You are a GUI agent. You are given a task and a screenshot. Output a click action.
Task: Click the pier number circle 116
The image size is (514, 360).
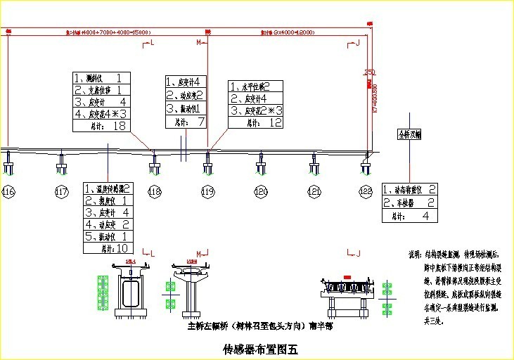point(8,191)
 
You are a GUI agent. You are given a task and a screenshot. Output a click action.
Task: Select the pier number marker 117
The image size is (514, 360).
point(61,191)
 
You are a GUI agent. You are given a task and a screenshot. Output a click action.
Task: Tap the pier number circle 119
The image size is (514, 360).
point(207,191)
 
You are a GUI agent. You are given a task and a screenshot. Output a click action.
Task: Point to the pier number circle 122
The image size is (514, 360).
point(366,191)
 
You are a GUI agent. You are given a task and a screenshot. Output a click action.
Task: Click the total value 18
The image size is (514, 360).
point(119,126)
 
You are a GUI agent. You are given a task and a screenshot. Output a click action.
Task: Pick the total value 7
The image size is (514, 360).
point(200,122)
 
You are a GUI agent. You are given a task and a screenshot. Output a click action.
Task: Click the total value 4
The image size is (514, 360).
point(425,216)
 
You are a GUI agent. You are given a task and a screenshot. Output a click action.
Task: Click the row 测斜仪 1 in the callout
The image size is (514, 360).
point(101,78)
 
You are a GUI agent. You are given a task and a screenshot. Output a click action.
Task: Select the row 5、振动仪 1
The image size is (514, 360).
point(107,236)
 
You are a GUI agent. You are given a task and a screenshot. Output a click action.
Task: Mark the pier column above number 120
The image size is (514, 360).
point(261,164)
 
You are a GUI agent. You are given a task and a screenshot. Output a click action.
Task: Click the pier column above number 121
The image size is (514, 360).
point(314,164)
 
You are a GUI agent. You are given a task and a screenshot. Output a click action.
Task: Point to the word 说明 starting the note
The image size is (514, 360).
point(415,254)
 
